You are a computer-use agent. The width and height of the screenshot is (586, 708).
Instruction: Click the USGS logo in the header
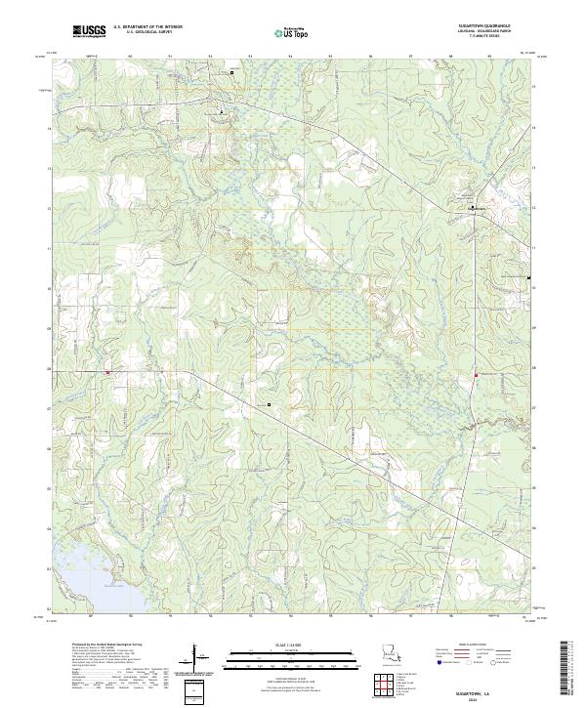click(x=89, y=30)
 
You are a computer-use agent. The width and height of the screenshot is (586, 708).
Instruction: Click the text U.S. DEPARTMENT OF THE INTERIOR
click(x=146, y=26)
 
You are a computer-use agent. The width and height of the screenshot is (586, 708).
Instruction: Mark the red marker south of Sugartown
click(x=475, y=375)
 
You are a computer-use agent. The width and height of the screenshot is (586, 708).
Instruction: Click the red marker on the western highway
click(x=108, y=371)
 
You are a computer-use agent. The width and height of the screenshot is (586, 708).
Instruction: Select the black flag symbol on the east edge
click(x=528, y=278)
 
